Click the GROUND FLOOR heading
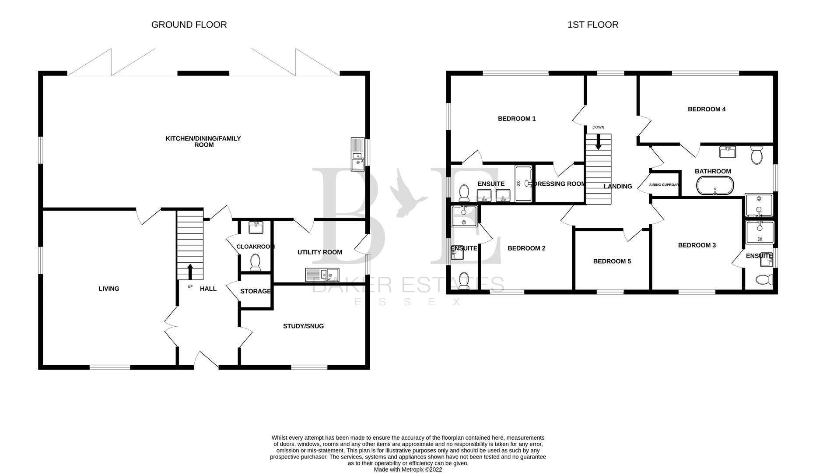pos(189,25)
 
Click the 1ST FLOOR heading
pos(593,25)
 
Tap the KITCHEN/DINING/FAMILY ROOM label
pos(203,141)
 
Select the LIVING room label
pos(109,289)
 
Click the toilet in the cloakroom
pos(255,262)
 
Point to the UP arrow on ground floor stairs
pos(190,271)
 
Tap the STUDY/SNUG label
pos(303,326)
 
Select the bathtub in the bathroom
pos(715,186)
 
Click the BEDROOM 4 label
pos(707,109)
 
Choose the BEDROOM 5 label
pos(612,261)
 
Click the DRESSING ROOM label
pos(560,184)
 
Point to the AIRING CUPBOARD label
pos(664,185)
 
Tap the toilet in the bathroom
pos(756,155)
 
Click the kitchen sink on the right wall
pos(358,154)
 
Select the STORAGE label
pos(256,291)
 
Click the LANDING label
pos(618,187)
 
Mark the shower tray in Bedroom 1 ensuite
pos(523,184)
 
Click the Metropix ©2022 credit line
pos(408,469)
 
